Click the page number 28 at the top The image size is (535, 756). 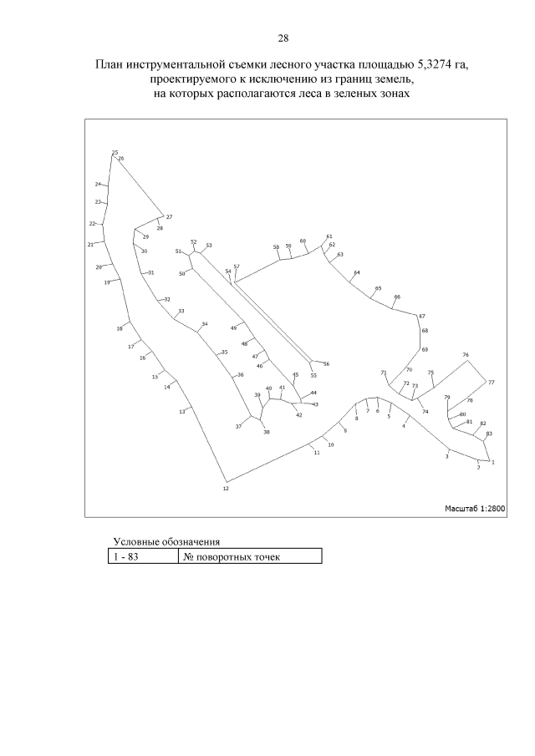click(283, 38)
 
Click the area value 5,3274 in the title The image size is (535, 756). click(432, 64)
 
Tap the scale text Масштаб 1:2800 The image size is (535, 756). click(475, 508)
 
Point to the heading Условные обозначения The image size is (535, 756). click(166, 542)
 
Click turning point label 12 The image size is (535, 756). click(226, 489)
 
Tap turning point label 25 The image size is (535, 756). click(115, 152)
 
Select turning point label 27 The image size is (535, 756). click(169, 217)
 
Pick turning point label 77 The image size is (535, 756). click(491, 383)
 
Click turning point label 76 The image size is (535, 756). click(466, 355)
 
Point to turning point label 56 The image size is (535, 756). click(326, 364)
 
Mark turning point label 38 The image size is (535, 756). click(267, 432)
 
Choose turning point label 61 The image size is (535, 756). click(329, 236)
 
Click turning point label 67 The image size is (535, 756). click(422, 317)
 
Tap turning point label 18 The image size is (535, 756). click(120, 329)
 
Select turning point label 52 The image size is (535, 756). click(194, 241)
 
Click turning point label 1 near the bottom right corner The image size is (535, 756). click(493, 462)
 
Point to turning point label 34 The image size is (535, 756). click(205, 323)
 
